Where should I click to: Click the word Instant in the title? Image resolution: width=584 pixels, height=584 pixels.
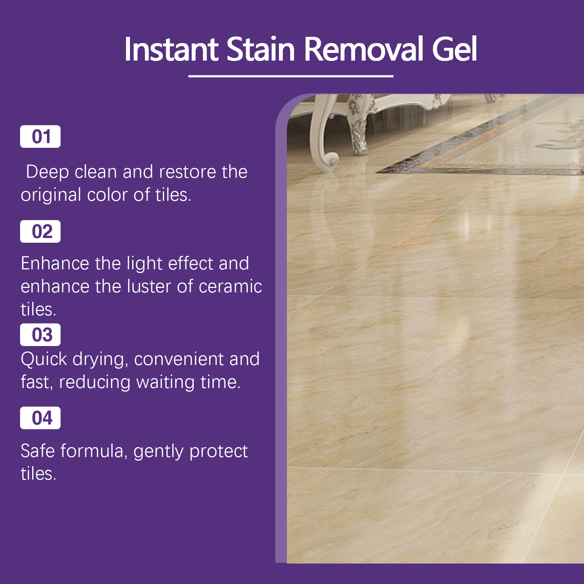172,49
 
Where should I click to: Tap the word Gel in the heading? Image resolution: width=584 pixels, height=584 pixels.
454,49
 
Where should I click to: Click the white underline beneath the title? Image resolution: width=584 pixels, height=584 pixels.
291,76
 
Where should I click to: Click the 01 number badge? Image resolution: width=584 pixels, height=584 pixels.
40,137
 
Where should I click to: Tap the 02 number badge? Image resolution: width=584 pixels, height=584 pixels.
40,231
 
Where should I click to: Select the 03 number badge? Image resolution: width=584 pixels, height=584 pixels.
40,335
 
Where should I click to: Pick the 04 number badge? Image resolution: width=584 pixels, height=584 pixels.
40,418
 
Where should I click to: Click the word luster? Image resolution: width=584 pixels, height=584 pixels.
149,287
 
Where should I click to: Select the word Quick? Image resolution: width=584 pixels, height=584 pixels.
44,359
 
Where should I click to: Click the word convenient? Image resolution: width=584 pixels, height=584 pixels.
179,359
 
